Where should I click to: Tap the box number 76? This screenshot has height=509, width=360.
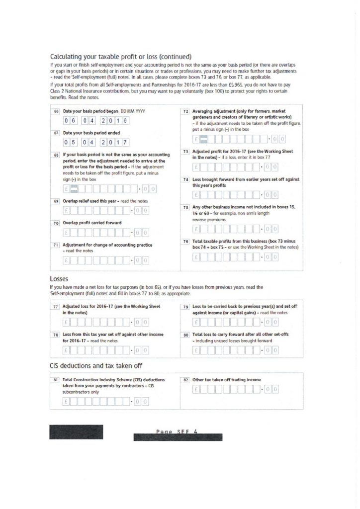185,241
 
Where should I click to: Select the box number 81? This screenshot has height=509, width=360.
56,380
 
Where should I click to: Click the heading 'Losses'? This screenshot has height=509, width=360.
59,279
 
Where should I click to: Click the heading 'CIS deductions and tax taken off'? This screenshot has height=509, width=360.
96,365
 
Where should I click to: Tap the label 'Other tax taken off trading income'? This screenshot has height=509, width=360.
226,380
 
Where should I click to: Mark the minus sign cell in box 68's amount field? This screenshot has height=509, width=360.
75,188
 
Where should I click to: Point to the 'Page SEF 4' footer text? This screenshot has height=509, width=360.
177,431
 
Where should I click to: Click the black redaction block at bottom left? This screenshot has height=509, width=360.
76,431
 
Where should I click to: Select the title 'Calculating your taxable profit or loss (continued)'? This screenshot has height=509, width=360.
121,56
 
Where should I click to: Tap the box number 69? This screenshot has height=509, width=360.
56,201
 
